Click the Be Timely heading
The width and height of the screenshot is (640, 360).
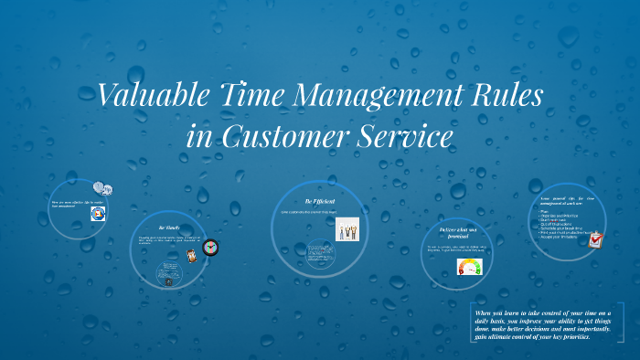[167, 228]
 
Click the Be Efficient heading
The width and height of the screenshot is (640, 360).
[321, 200]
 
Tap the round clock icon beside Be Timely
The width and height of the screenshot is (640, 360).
[211, 247]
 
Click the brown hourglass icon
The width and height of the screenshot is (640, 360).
[191, 256]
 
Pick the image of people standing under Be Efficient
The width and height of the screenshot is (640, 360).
[348, 228]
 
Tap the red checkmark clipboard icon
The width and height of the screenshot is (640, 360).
[596, 241]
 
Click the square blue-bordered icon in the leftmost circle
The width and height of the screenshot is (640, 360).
[97, 214]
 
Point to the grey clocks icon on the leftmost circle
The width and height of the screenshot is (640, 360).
[102, 189]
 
